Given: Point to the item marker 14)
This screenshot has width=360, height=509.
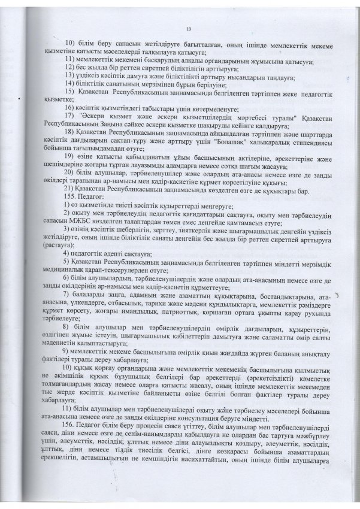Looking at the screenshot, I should tap(69, 85).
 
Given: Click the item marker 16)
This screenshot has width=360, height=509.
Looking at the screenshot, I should tap(69, 105).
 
